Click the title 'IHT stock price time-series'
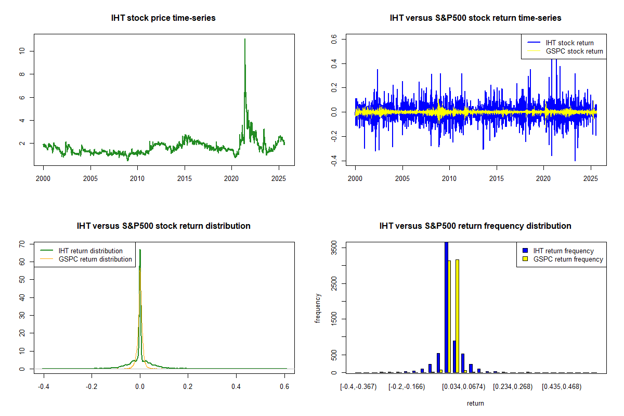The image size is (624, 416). [163, 18]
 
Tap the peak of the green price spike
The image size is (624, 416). [244, 39]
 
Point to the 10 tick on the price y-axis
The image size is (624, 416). [21, 51]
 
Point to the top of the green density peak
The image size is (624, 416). [140, 250]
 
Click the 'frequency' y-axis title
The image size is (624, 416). [318, 308]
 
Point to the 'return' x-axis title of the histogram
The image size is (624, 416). [475, 403]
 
